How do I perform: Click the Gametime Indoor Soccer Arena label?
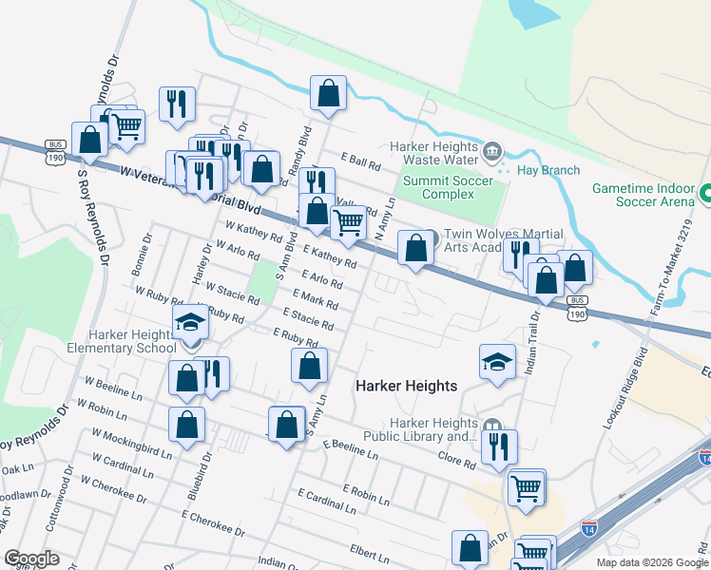coord(644,195)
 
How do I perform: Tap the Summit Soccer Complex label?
coord(448,187)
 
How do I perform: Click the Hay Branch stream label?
coord(548,171)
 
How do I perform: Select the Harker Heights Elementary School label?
coord(132,341)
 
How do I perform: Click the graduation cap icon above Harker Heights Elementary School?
coord(190,323)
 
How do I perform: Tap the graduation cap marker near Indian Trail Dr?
coord(497,362)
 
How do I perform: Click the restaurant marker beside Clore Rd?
coord(499,447)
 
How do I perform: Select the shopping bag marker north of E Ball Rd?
coord(328,94)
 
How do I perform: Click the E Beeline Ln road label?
coord(350,450)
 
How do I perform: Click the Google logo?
coord(30,559)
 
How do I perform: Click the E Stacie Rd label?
coord(308,318)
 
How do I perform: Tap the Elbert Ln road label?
coord(370,549)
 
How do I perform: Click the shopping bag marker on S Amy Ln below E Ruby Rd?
coord(310,367)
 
